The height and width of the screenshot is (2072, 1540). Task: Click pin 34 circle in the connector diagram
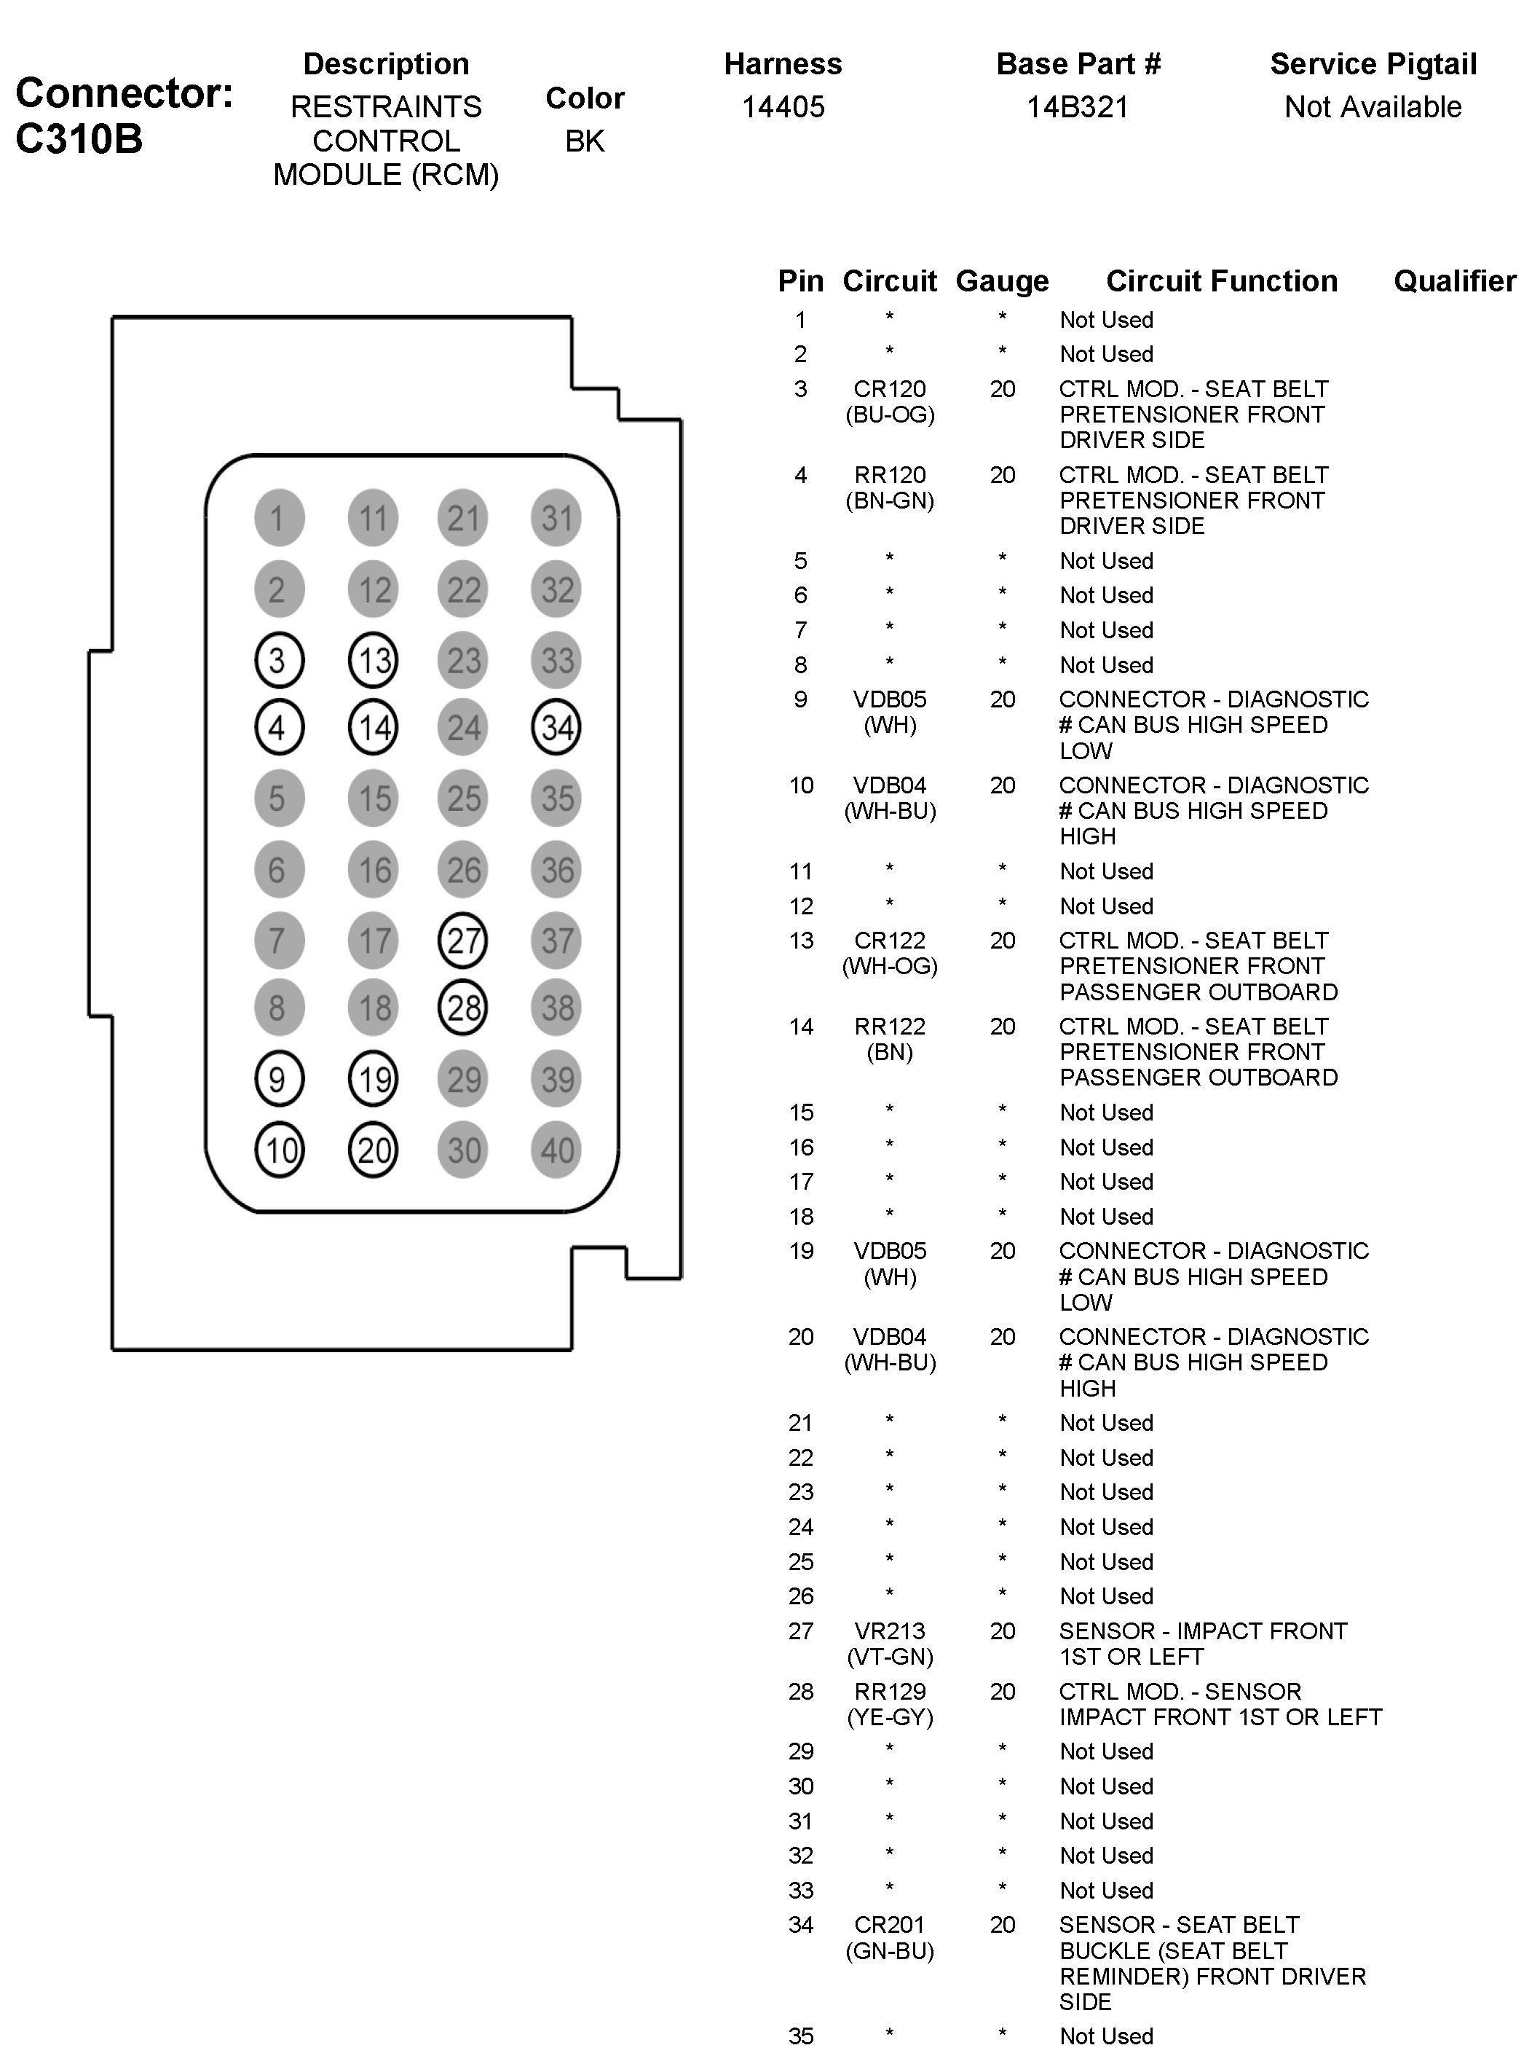[556, 727]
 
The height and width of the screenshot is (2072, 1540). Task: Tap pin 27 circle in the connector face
[463, 940]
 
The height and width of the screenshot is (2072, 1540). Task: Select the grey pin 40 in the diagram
[556, 1150]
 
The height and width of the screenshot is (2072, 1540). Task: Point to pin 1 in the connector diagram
[279, 517]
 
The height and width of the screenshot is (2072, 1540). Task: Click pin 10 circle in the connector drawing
[279, 1150]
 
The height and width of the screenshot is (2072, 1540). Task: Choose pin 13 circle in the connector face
[373, 660]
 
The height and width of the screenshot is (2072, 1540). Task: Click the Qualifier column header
[1454, 280]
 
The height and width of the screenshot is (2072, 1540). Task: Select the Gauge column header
[1002, 280]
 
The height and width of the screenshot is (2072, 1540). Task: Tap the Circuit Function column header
[1221, 280]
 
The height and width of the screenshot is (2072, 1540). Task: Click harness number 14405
[783, 107]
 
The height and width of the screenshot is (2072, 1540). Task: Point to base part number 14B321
[1078, 107]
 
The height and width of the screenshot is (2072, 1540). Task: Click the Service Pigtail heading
[1373, 63]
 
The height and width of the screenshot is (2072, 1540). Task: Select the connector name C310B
[79, 139]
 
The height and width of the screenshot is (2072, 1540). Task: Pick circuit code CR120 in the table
[889, 389]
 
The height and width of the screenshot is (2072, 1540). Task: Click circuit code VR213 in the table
[889, 1631]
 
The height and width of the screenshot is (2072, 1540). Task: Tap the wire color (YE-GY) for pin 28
[889, 1716]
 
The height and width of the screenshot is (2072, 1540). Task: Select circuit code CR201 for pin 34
[889, 1925]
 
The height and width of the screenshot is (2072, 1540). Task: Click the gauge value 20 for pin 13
[1002, 940]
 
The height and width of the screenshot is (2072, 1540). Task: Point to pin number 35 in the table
[801, 2036]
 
